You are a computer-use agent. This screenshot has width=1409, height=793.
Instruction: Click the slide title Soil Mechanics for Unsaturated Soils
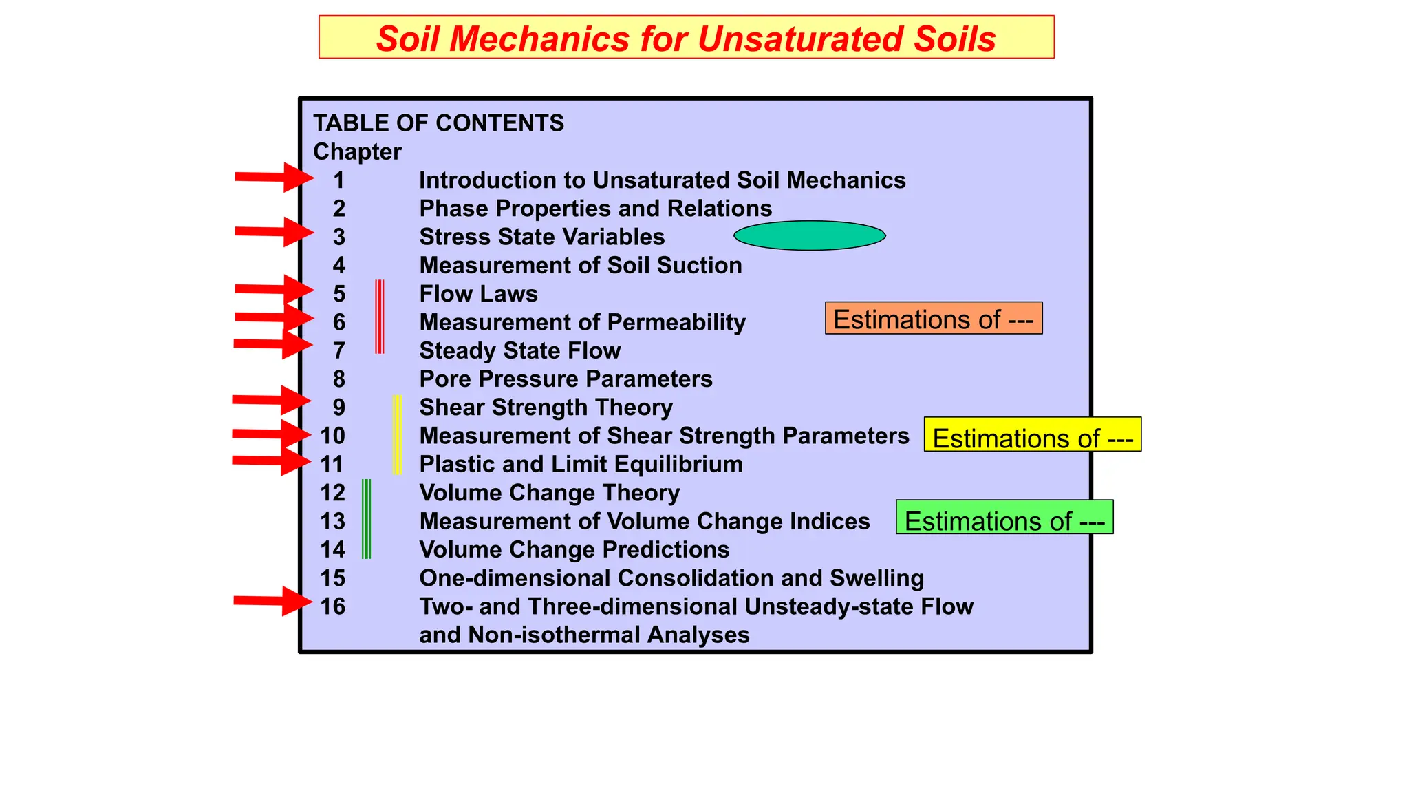[686, 39]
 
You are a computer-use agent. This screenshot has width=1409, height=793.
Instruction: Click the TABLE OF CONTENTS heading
[438, 123]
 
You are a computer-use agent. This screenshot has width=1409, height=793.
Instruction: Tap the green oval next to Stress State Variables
[809, 235]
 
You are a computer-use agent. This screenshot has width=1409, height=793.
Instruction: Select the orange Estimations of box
[933, 319]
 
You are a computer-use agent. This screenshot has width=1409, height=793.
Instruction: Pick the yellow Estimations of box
[1032, 435]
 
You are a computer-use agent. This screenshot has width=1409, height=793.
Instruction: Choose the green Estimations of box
[1004, 518]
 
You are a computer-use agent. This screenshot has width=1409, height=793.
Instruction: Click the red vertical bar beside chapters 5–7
[379, 317]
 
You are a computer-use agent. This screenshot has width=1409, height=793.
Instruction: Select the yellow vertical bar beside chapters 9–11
[397, 434]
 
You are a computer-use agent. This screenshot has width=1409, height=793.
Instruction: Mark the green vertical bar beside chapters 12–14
[366, 519]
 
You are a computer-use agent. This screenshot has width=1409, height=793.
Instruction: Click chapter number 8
[339, 379]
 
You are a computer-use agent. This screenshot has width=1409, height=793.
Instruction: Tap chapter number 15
[333, 578]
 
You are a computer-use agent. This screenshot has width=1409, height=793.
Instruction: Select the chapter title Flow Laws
[478, 294]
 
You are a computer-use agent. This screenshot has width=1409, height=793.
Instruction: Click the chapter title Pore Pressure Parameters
[566, 379]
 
